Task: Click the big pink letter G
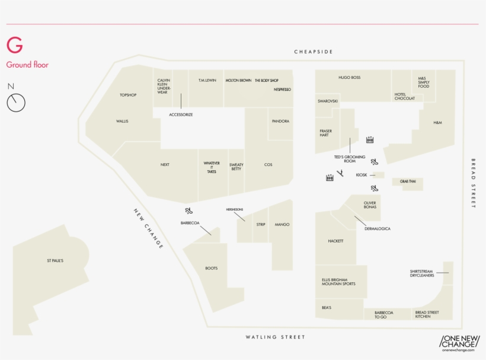tap(14, 46)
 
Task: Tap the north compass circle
tap(16, 103)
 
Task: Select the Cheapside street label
tap(313, 52)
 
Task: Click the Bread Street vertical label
tap(474, 183)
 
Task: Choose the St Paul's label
tap(55, 260)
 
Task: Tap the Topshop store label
tap(128, 95)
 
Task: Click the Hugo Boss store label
tap(349, 78)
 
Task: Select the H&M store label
tap(437, 123)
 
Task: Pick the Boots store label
tap(212, 269)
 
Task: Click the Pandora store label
tap(280, 121)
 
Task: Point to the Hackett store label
tap(335, 241)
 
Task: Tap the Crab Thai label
tap(408, 181)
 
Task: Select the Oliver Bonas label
tap(370, 205)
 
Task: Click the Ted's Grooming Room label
tap(350, 159)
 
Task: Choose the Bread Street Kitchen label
tap(427, 314)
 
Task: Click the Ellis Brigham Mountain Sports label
tap(338, 282)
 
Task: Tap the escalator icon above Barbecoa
tap(188, 210)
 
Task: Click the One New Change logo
tap(459, 343)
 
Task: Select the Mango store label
tap(282, 225)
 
